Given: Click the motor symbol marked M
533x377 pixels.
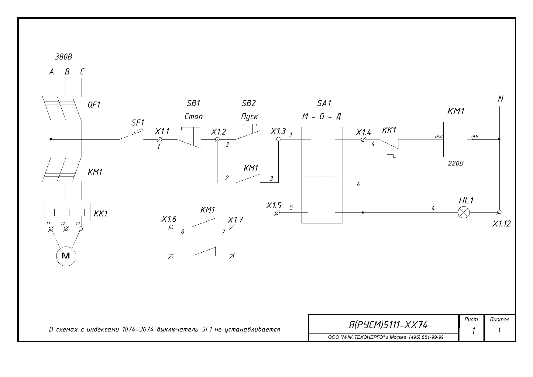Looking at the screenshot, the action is [66, 256].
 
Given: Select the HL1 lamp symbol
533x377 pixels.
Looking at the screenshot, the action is [463, 213].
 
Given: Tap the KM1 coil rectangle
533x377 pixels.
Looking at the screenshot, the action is [455, 140].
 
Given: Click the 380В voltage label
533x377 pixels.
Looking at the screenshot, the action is [64, 57].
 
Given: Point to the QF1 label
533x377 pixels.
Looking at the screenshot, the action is [94, 105].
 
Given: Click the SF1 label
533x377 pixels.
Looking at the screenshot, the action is [138, 123].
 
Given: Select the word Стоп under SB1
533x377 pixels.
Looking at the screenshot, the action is [194, 116].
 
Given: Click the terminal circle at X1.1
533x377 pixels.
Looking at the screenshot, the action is [160, 139].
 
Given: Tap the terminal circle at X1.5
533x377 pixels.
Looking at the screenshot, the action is [277, 213].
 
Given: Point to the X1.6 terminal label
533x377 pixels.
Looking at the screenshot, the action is [169, 219].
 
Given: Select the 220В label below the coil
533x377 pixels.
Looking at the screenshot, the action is [456, 163].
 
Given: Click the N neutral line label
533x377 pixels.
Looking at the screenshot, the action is [501, 99].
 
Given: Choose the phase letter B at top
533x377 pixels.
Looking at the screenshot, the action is [67, 72].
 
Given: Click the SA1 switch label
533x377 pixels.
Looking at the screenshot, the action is [324, 103].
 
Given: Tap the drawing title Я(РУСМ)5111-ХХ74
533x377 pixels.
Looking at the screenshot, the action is [388, 325].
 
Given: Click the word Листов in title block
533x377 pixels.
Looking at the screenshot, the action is [499, 320].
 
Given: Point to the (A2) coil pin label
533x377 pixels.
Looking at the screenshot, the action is [438, 137].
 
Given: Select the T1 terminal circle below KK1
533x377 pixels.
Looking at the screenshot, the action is [51, 229].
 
